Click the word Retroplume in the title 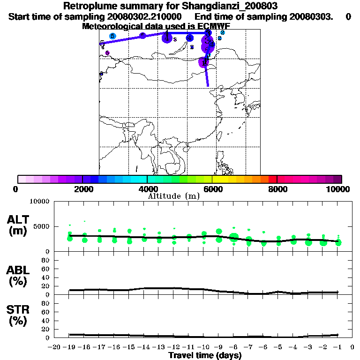(89, 6)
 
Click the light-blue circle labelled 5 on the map (112, 36)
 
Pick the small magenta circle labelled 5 (107, 53)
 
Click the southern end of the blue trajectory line (208, 86)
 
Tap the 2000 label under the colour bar (82, 189)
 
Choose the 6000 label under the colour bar (212, 189)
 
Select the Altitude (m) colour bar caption (173, 196)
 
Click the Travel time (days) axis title (204, 356)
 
